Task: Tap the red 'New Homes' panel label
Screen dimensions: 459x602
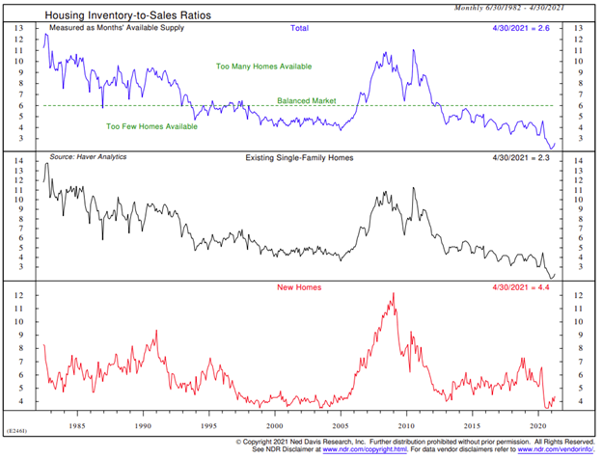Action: tap(301, 288)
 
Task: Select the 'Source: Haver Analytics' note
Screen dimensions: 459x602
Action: tap(88, 156)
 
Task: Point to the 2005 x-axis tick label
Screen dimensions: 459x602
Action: tap(340, 424)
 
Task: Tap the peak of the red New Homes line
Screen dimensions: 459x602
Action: tap(393, 294)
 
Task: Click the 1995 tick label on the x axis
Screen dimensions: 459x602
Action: tap(210, 424)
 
